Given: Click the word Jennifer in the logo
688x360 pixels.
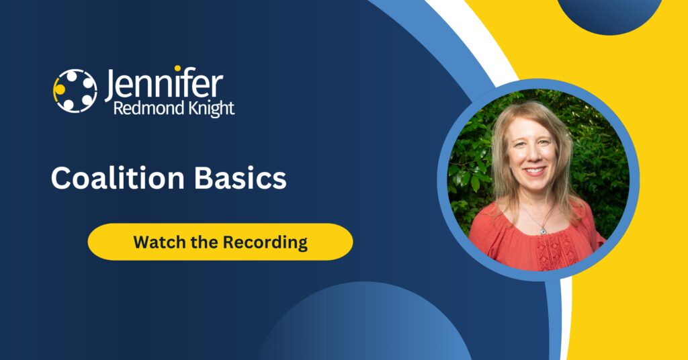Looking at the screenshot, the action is pyautogui.click(x=164, y=85).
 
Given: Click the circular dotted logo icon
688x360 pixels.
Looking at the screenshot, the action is pyautogui.click(x=75, y=91).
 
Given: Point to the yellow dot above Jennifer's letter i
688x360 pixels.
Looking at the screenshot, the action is pyautogui.click(x=177, y=69).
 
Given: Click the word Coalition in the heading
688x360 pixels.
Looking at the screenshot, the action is pyautogui.click(x=118, y=177).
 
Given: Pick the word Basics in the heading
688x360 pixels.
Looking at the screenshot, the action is pyautogui.click(x=240, y=177).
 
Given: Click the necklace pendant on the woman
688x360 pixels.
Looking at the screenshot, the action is pyautogui.click(x=543, y=230).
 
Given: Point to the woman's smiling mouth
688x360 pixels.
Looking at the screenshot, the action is pyautogui.click(x=535, y=171).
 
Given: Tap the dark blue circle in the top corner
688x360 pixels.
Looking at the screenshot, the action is pyautogui.click(x=610, y=15).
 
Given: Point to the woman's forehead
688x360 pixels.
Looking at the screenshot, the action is pyautogui.click(x=531, y=127).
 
